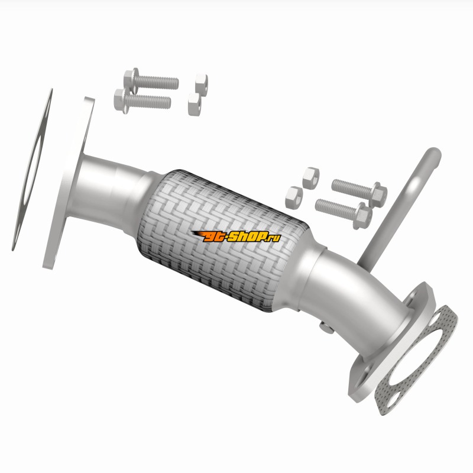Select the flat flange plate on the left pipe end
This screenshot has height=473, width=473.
click(69, 183)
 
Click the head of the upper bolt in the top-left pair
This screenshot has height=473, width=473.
click(131, 79)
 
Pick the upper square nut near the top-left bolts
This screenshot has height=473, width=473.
click(201, 85)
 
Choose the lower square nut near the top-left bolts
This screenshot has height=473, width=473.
click(195, 104)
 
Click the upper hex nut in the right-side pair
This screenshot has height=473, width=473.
click(311, 178)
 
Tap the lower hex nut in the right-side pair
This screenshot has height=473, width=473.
click(294, 197)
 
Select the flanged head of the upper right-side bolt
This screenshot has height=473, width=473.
click(378, 195)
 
